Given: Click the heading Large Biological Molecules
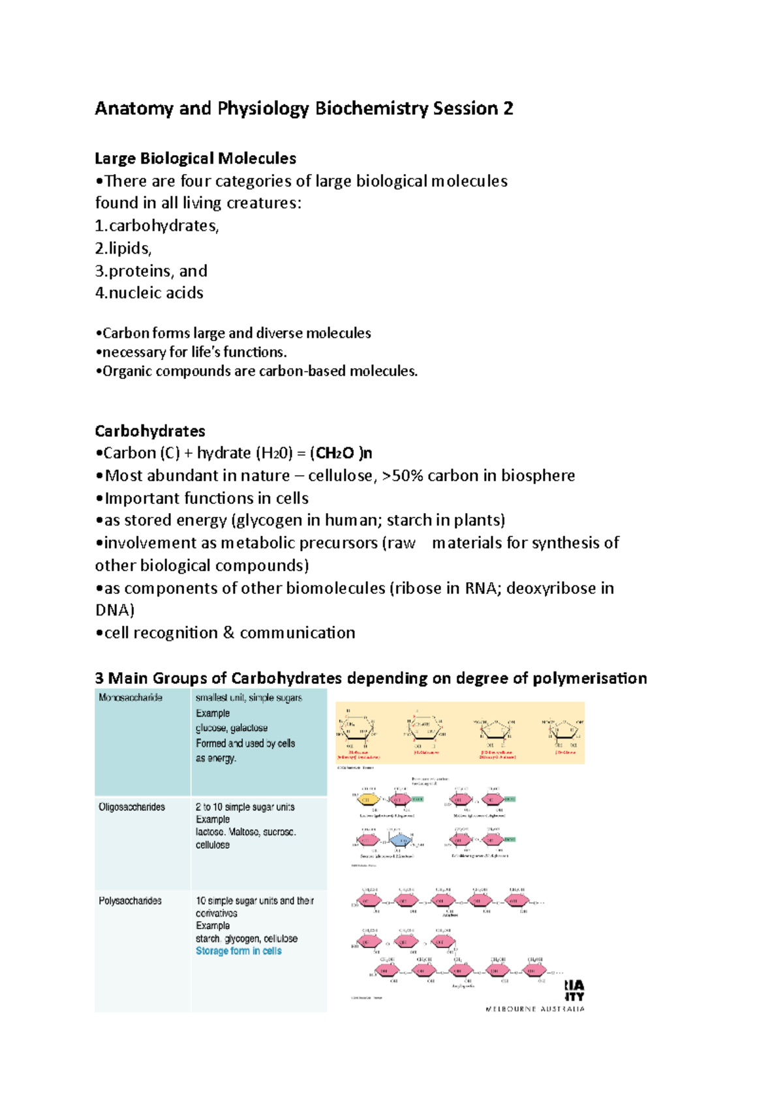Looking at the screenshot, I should coord(195,158).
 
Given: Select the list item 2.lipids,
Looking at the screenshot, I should coord(123,248).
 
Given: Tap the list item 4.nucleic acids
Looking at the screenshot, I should coord(149,293).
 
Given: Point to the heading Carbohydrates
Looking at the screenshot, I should coord(150,431).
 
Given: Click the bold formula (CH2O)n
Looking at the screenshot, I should coord(341,453).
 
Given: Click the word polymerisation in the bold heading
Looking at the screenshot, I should coord(590,679).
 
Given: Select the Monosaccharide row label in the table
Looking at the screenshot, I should coord(130,698).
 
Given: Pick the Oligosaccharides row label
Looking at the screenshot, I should coord(132,807).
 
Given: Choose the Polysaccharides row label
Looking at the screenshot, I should coord(130,901).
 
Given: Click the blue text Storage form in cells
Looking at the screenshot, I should coord(239,951).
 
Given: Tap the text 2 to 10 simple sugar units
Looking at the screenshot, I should coord(245,807).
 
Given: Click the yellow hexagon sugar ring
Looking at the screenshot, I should coord(367,799).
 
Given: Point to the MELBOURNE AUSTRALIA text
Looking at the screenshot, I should coord(534,1009).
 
